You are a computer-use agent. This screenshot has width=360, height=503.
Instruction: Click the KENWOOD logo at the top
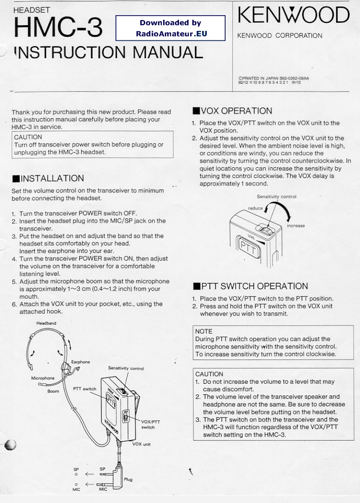[293, 16]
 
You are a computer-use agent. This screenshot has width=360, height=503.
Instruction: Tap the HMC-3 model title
[58, 28]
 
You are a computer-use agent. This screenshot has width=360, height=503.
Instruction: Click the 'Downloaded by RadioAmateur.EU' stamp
[171, 28]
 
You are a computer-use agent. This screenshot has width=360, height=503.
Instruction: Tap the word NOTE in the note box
[204, 331]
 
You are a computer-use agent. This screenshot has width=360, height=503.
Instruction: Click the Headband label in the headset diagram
[47, 323]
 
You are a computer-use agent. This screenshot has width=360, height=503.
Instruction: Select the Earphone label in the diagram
[81, 362]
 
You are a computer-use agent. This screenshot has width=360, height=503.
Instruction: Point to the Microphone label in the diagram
[43, 378]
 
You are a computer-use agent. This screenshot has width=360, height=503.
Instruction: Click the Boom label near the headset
[53, 391]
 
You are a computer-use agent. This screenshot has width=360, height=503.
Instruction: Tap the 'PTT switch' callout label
[85, 388]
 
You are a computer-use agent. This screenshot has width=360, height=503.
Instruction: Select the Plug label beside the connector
[128, 479]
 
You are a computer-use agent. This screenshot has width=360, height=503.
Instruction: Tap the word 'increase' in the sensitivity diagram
[296, 225]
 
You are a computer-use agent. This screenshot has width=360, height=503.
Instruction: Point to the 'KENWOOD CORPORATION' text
[279, 35]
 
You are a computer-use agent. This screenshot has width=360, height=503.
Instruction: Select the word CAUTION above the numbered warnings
[209, 374]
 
